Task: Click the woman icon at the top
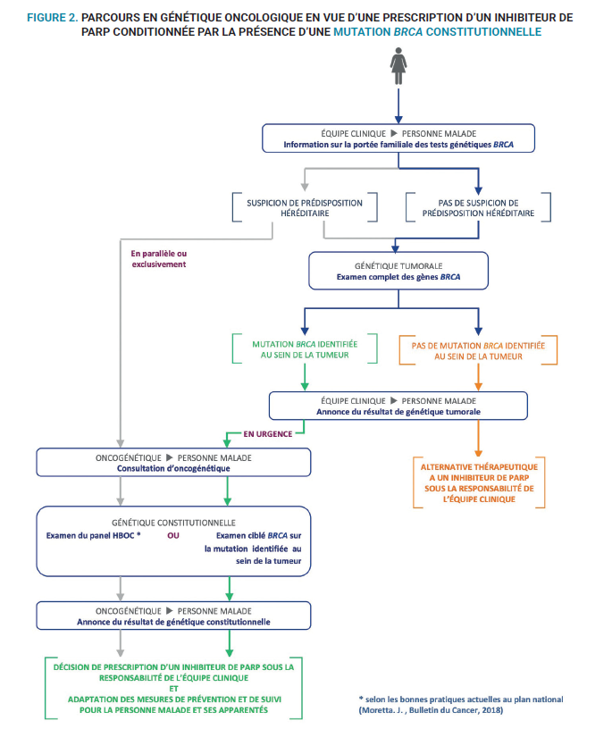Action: coord(398,65)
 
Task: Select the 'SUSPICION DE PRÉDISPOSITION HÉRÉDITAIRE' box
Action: coord(305,208)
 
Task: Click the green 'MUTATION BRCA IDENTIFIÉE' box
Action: coord(305,349)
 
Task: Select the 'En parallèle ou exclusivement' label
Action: coord(159,258)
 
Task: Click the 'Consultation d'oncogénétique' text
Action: coord(172,467)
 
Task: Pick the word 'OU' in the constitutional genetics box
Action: coord(173,536)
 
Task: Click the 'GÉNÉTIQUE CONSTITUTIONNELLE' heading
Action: coord(173,522)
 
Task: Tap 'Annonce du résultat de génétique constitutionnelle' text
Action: coord(172,621)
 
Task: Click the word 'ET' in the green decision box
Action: coord(172,688)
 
